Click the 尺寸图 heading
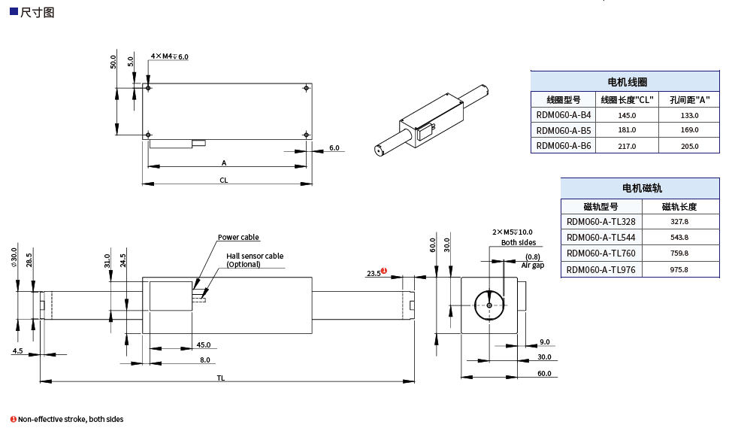click(38, 13)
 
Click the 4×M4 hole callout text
click(169, 56)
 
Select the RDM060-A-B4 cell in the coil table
click(564, 115)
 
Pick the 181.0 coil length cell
click(627, 130)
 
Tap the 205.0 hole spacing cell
click(689, 146)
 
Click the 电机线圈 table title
click(627, 82)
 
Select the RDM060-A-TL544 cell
click(600, 238)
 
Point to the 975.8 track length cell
click(679, 269)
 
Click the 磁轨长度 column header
click(679, 206)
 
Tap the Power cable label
click(238, 238)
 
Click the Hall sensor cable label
click(255, 256)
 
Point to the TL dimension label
click(221, 378)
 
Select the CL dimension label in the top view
click(224, 181)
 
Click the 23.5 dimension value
click(373, 274)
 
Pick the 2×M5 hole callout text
click(512, 232)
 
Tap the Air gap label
click(532, 266)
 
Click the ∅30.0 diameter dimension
click(14, 258)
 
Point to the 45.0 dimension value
click(203, 345)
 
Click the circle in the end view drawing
click(489, 305)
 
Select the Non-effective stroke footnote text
click(71, 419)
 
